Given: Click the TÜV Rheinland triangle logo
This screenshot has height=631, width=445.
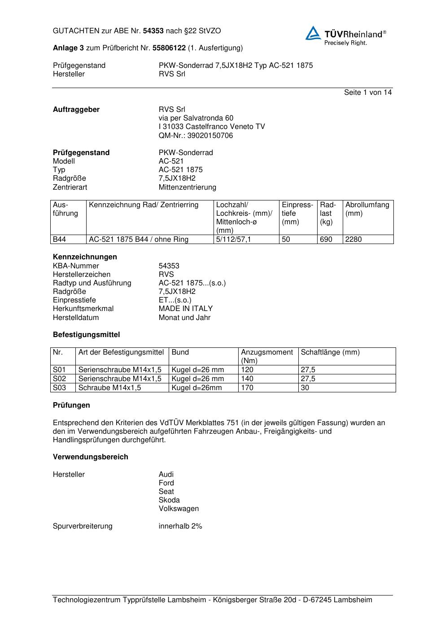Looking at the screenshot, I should coord(313,33).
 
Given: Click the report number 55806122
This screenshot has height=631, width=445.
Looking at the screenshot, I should coord(169,48).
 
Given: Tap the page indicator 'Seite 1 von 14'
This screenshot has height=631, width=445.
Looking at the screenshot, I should coord(367,93).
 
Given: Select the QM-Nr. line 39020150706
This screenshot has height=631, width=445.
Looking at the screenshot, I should coord(196,136).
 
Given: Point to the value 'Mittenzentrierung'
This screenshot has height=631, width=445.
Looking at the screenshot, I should coord(187,187).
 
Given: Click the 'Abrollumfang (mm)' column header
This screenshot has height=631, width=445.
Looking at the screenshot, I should coord(367,209).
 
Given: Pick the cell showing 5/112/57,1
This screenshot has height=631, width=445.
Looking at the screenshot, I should coord(234,240).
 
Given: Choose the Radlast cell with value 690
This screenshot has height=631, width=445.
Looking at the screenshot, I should coord(326,240).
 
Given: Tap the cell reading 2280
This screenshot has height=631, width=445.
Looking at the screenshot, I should coord(353,240).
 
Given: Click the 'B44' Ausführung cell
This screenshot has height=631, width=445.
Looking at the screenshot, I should coord(60,240).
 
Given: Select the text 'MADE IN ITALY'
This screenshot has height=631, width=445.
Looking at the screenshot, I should coord(186,309).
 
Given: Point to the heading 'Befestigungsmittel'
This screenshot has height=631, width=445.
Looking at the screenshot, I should coord(86,335).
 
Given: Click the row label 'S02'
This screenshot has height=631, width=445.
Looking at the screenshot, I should coord(60,379).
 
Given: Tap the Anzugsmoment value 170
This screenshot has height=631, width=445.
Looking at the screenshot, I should coord(247,388).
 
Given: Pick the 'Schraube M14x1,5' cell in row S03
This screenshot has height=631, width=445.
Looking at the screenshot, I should coord(109,388).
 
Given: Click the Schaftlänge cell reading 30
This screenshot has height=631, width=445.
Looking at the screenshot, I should coord(305,388).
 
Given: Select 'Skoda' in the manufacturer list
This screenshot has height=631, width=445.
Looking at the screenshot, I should coord(169,500).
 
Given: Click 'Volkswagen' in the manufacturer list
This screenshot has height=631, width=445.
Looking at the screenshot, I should coord(179,509).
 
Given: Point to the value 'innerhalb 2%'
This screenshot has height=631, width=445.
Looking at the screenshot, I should coord(180,526).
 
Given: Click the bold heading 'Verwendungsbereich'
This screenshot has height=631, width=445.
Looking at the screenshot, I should coord(90,457).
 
